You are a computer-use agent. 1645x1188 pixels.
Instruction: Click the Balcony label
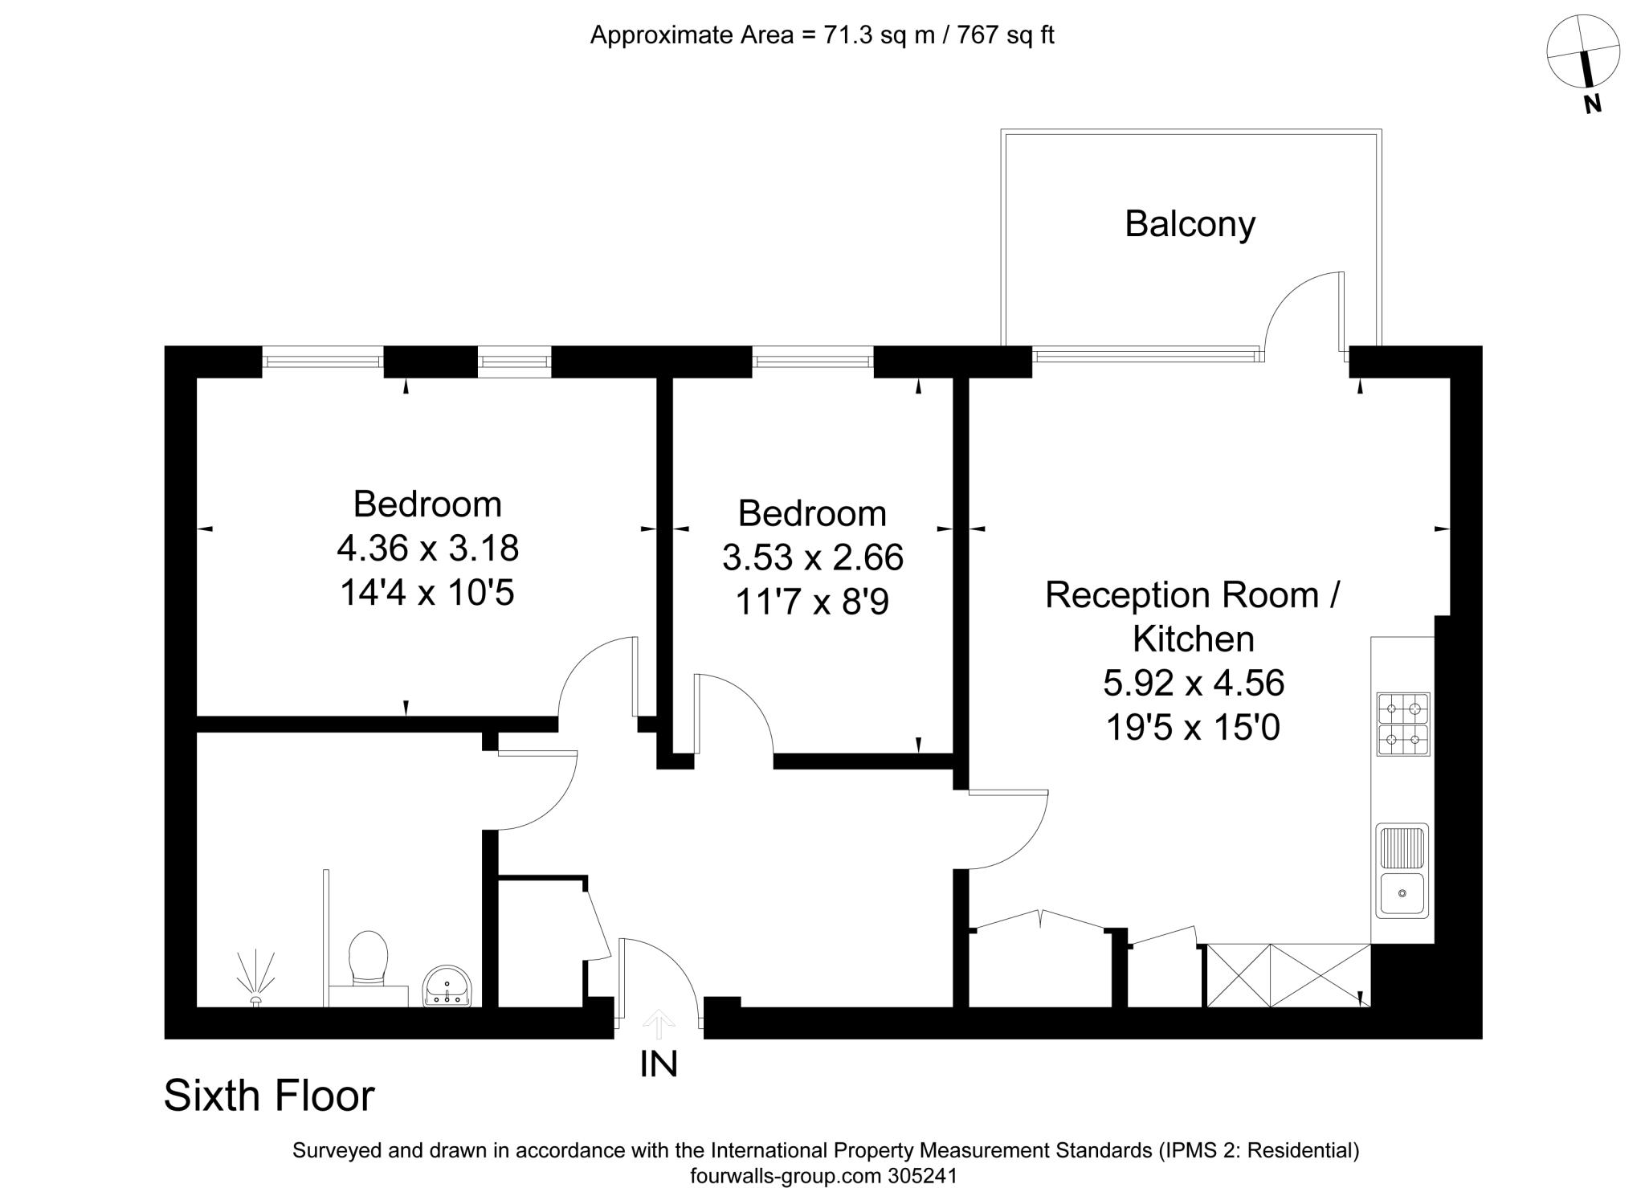(x=1190, y=224)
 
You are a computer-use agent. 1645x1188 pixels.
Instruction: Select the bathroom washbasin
(x=447, y=986)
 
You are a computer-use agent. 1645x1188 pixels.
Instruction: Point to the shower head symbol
(x=256, y=980)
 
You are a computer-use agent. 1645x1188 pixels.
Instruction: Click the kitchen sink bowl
(x=1402, y=893)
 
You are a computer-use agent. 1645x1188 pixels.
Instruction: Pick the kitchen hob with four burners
(x=1403, y=724)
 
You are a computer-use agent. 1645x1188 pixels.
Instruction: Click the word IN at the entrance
(x=659, y=1063)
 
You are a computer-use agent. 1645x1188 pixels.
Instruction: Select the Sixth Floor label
(x=269, y=1095)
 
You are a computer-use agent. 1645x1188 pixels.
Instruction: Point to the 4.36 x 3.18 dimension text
(x=427, y=549)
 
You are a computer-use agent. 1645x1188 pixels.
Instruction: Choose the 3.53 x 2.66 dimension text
(x=813, y=557)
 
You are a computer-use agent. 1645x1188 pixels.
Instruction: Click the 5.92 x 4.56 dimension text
(x=1194, y=684)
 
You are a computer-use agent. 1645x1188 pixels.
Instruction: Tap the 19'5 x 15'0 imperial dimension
(x=1193, y=728)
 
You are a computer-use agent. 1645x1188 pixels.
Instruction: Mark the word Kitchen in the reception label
(x=1194, y=639)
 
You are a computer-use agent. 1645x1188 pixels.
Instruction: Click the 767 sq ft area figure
(x=1006, y=35)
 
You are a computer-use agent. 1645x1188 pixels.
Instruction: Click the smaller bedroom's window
(x=813, y=358)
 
